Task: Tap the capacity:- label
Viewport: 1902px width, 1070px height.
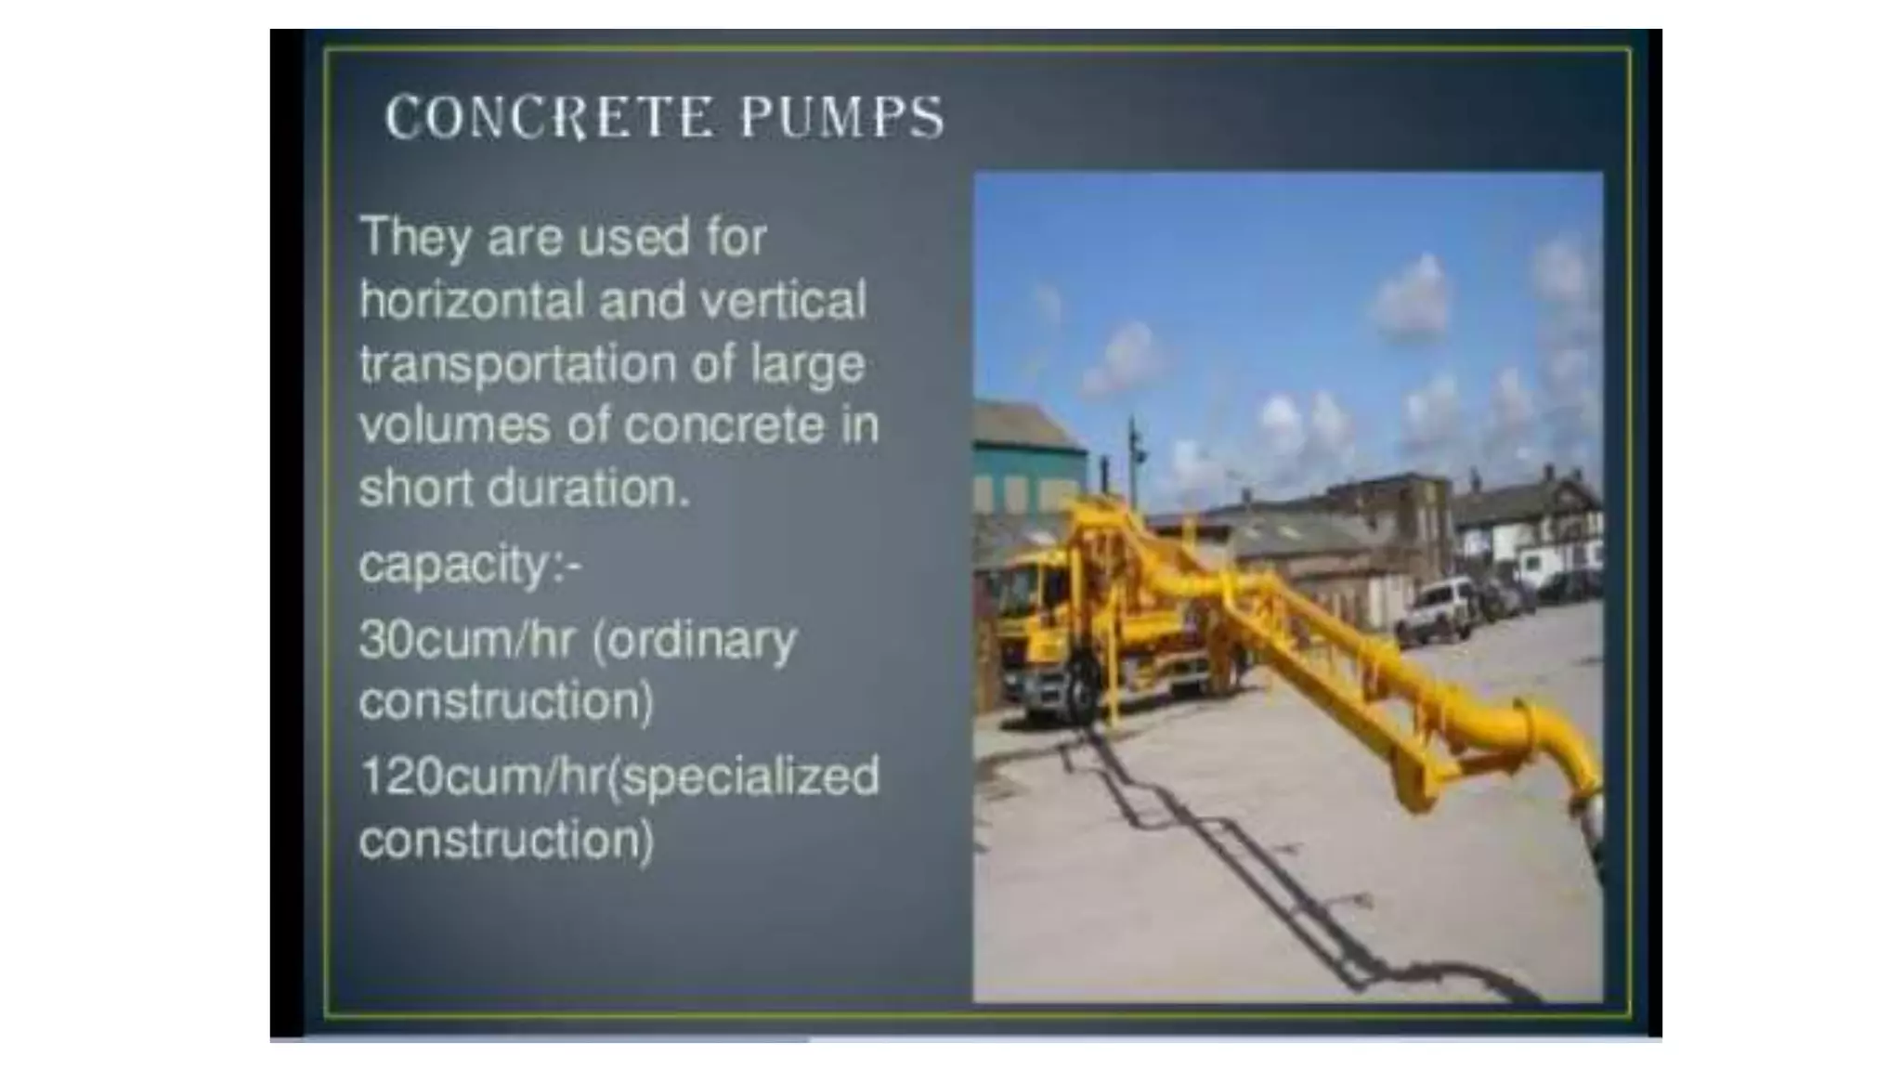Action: [469, 565]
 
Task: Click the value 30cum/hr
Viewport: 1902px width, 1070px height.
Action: [466, 639]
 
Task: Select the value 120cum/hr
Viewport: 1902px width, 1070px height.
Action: [481, 776]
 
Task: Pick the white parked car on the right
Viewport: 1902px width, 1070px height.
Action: [1436, 608]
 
